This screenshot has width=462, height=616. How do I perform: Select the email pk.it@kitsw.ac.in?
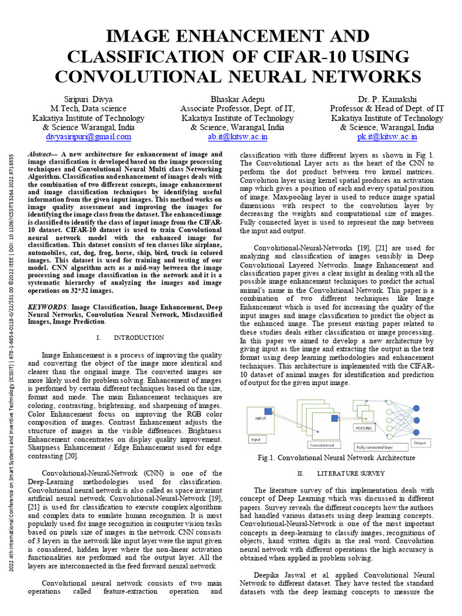(386, 137)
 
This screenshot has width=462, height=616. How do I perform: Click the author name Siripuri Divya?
(88, 99)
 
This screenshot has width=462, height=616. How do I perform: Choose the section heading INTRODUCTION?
(138, 337)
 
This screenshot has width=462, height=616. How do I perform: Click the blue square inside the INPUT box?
(268, 412)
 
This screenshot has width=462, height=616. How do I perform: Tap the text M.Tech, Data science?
(88, 108)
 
